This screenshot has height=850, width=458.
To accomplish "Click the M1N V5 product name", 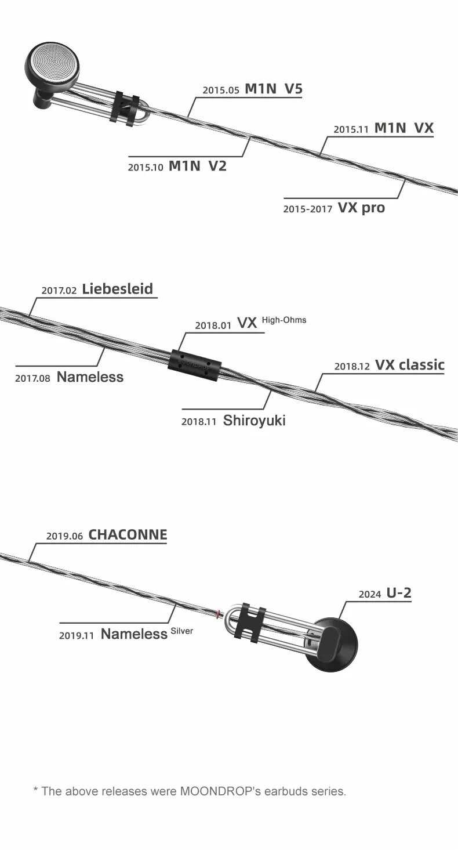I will (274, 89).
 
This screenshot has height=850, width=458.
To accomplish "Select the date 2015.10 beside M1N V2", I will (146, 167).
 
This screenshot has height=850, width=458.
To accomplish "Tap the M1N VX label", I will (404, 128).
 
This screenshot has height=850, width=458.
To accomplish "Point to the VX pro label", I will (361, 207).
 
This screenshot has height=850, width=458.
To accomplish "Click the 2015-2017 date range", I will (307, 209).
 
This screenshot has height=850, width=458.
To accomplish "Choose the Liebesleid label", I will (118, 289).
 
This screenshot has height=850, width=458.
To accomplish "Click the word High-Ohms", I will (284, 320).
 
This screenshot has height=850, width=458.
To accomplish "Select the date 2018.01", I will (213, 325).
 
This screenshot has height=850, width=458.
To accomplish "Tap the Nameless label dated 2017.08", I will (90, 377).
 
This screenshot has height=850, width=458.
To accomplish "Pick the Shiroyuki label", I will (254, 421).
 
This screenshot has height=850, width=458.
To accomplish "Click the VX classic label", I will (409, 365).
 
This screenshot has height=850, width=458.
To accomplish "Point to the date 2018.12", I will (352, 367).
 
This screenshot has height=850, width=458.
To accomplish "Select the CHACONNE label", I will (128, 534).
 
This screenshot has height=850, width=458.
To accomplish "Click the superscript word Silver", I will (182, 631).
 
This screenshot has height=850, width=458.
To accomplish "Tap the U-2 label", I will (399, 592).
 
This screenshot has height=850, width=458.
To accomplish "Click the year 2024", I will (370, 594).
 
